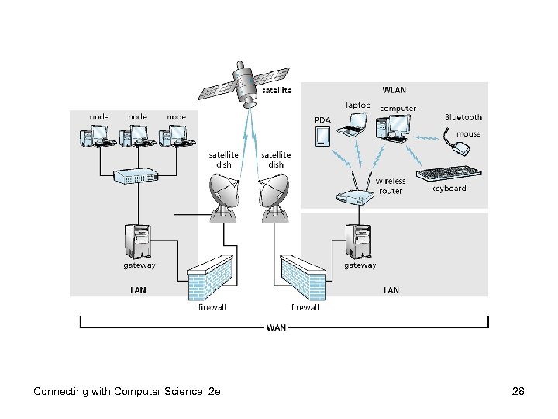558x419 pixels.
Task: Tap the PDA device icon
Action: (323, 137)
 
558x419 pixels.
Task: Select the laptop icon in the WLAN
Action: (357, 122)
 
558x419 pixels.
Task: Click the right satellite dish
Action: (274, 194)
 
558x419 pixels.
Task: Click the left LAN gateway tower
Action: (139, 241)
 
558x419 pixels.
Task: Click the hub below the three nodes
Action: (136, 177)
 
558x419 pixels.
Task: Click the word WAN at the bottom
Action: (277, 327)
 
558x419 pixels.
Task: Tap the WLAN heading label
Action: (394, 91)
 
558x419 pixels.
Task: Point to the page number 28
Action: (518, 391)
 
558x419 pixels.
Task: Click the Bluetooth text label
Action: (463, 117)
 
